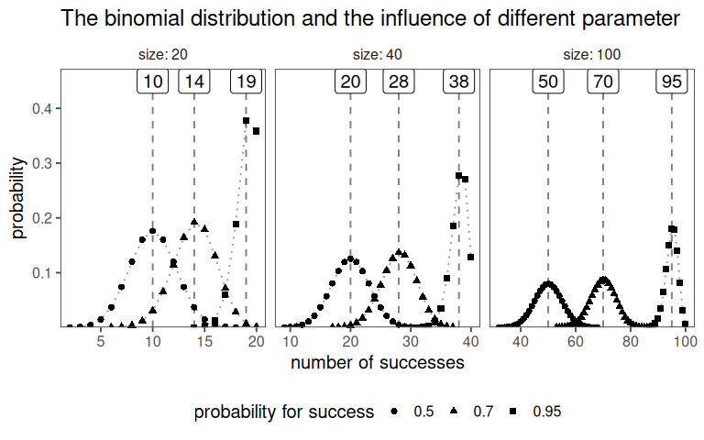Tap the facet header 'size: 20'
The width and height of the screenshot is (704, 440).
pyautogui.click(x=161, y=55)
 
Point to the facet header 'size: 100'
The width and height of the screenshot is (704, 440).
pyautogui.click(x=592, y=55)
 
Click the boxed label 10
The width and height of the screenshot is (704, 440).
pyautogui.click(x=153, y=82)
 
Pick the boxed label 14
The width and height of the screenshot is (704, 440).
pyautogui.click(x=194, y=82)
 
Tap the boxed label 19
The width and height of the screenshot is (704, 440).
pyautogui.click(x=246, y=82)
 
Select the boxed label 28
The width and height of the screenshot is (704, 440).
pyautogui.click(x=399, y=82)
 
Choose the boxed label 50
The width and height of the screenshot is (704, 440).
pyautogui.click(x=548, y=82)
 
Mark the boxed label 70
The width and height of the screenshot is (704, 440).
pyautogui.click(x=603, y=82)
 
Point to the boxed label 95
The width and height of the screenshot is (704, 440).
pyautogui.click(x=672, y=82)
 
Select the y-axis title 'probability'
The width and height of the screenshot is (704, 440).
pyautogui.click(x=18, y=197)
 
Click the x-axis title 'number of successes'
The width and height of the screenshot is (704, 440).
pyautogui.click(x=377, y=362)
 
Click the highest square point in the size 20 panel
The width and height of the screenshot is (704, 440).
pyautogui.click(x=247, y=120)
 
